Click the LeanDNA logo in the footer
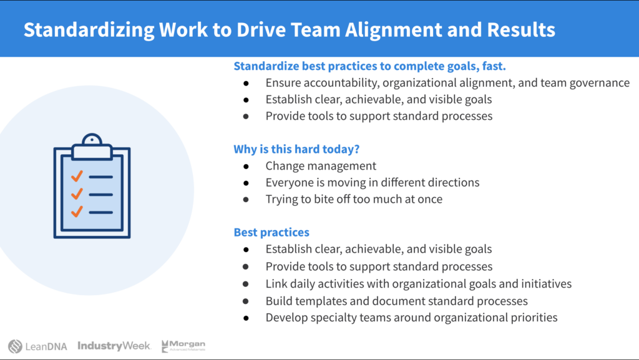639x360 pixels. pos(37,346)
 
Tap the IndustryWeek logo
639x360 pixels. pos(114,346)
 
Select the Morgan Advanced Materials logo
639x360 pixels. pos(183,346)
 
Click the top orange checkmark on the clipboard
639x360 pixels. pos(77,176)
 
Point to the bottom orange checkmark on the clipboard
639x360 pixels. pos(77,212)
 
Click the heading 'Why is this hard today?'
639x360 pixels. pos(296,149)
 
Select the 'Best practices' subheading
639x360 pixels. pos(271,232)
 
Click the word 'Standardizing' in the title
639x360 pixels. pos(89,30)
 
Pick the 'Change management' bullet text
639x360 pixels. pos(321,166)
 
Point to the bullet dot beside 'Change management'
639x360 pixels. pos(246,166)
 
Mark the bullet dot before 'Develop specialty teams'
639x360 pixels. pos(246,318)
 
